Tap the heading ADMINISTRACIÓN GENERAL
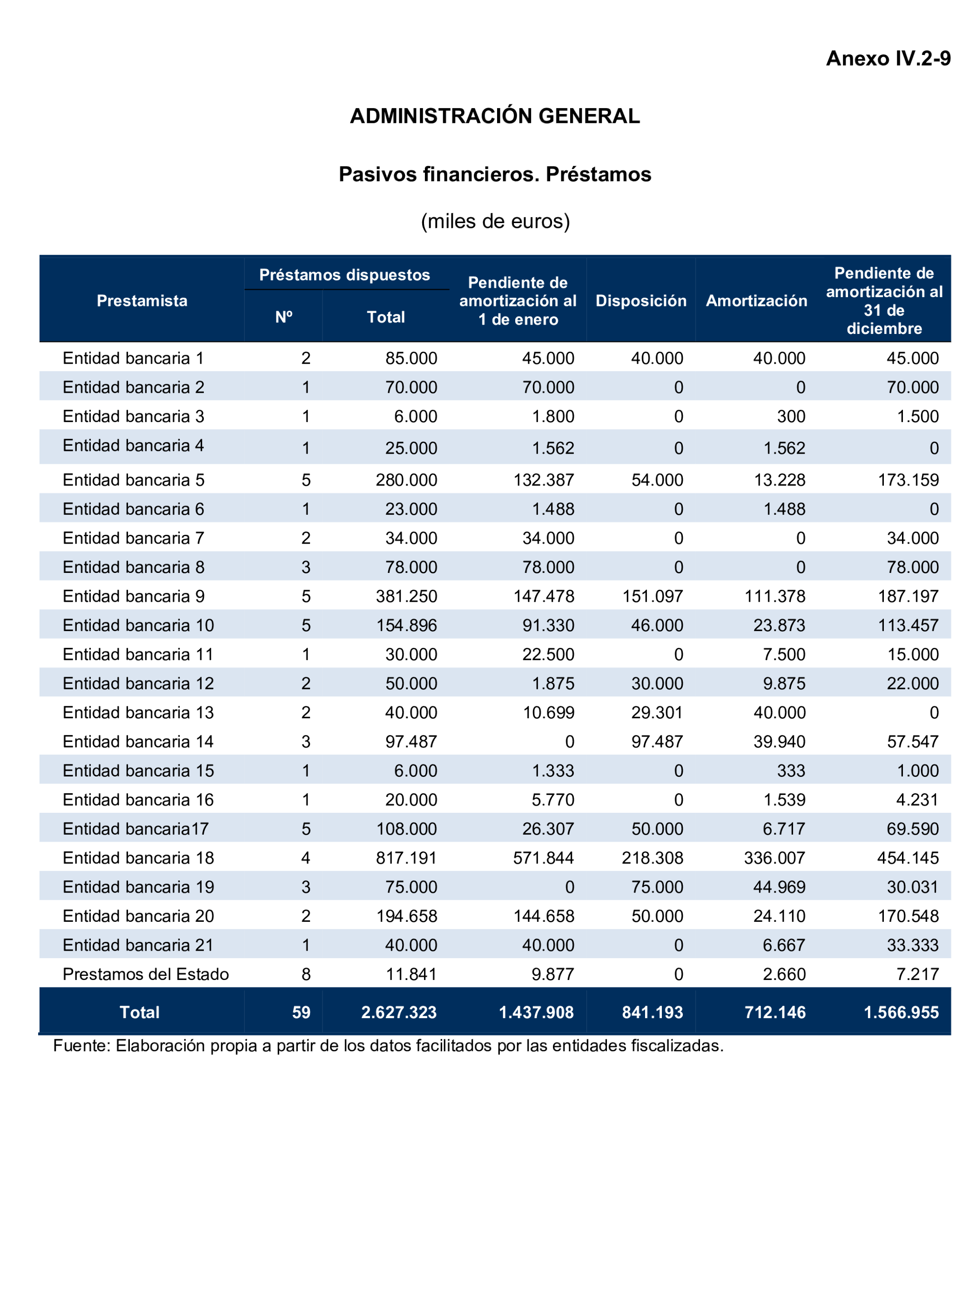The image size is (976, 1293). click(x=494, y=116)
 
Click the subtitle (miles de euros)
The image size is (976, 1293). click(x=495, y=221)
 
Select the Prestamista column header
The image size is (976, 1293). click(x=142, y=300)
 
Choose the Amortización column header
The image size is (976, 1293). click(x=756, y=300)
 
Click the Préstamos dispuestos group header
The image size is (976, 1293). click(x=344, y=275)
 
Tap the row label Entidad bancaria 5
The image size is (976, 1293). click(x=133, y=480)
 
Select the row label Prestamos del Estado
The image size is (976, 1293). click(x=145, y=974)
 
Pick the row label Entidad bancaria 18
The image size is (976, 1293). click(x=138, y=857)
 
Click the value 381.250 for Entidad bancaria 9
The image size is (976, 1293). click(x=406, y=596)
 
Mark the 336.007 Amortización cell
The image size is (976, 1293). click(x=774, y=857)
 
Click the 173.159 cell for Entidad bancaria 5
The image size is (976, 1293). click(x=908, y=480)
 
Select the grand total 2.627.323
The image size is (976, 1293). click(x=398, y=1013)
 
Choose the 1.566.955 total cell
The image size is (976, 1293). click(x=901, y=1013)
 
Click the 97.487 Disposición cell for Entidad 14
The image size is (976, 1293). click(x=657, y=741)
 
